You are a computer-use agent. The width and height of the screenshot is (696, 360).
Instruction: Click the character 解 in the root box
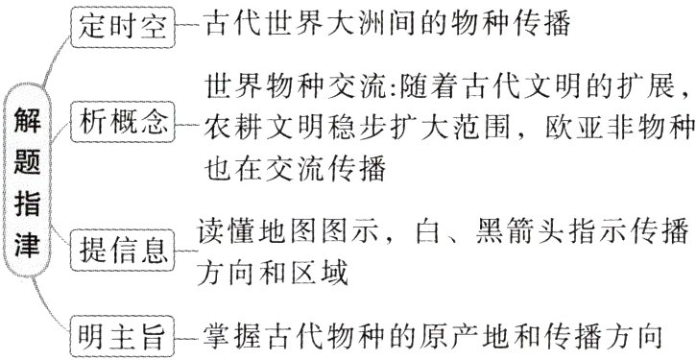27,122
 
